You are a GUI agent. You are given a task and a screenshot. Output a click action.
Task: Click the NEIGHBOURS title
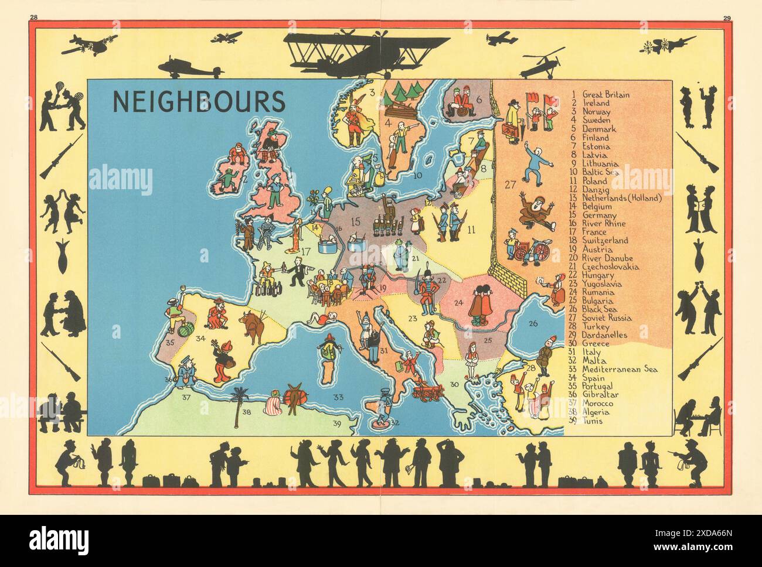pyautogui.click(x=199, y=101)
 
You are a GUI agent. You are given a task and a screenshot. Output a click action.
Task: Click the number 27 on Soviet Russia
pyautogui.click(x=509, y=185)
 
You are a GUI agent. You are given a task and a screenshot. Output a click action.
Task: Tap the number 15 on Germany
pyautogui.click(x=355, y=222)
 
